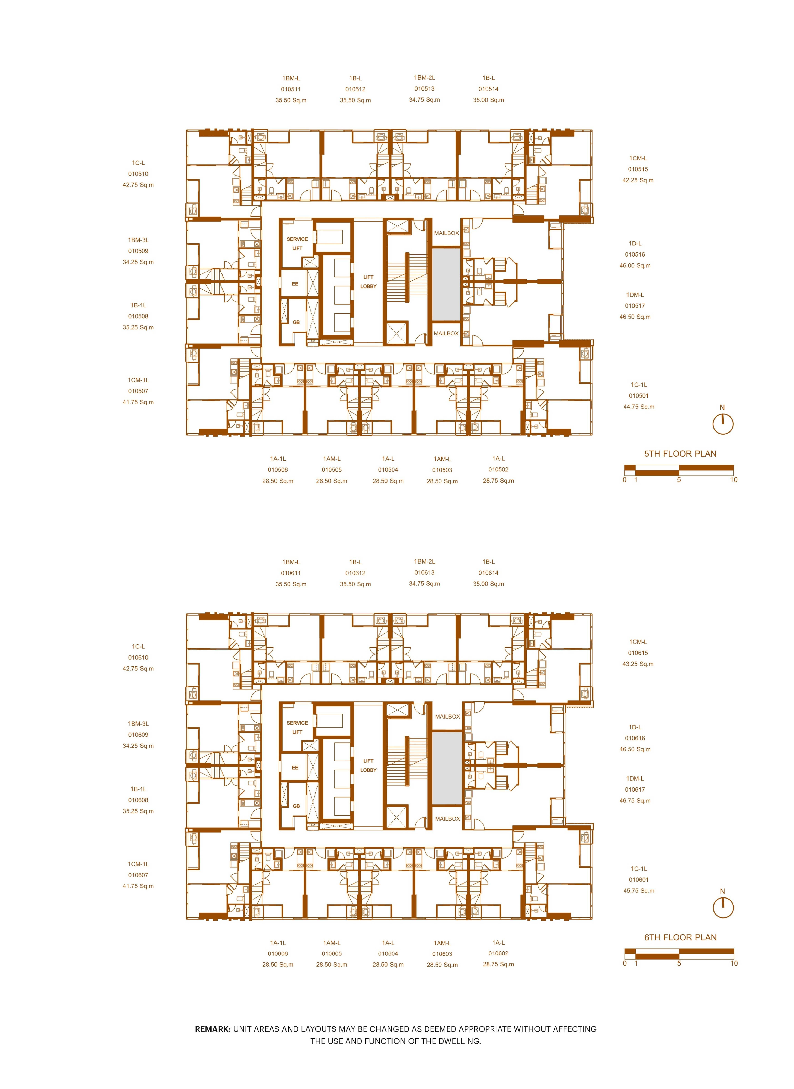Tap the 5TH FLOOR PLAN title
click(x=680, y=454)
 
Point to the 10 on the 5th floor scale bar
click(x=733, y=480)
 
